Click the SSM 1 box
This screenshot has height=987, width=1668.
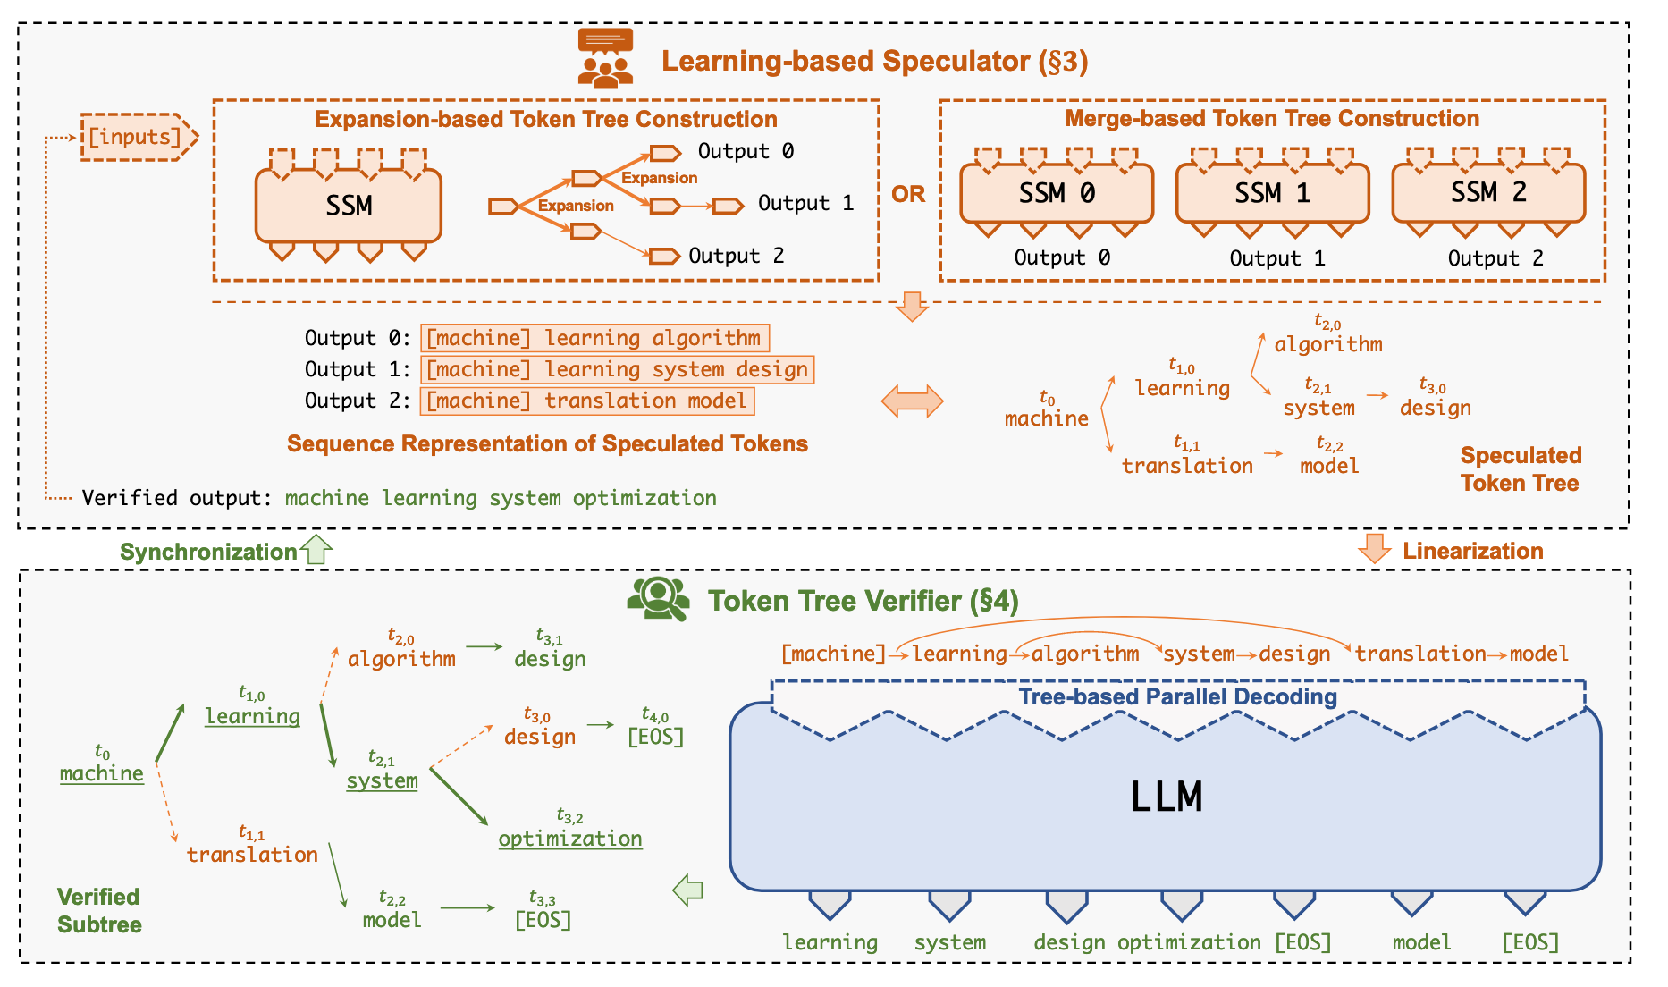(1272, 192)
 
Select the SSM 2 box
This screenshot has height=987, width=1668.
(1488, 192)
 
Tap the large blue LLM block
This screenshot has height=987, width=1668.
(1166, 796)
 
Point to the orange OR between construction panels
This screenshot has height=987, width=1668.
(908, 194)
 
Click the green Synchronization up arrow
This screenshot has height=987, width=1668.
(316, 549)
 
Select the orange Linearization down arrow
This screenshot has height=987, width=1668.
(1374, 548)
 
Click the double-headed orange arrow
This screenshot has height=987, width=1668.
(912, 401)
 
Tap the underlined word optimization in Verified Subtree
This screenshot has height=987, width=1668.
(570, 839)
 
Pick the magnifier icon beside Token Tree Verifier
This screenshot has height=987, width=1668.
(659, 598)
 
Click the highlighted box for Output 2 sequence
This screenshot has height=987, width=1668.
(587, 401)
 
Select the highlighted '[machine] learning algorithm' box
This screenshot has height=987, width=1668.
(594, 338)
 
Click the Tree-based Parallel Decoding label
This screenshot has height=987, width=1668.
(1178, 696)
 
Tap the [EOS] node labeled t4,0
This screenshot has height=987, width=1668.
(655, 737)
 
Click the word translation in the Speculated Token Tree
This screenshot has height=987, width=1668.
(1187, 466)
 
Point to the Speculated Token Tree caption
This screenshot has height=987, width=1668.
(1521, 469)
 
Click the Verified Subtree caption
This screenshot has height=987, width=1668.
(99, 910)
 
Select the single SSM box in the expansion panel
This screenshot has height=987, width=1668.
(349, 206)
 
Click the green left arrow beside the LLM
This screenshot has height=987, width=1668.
(687, 890)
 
